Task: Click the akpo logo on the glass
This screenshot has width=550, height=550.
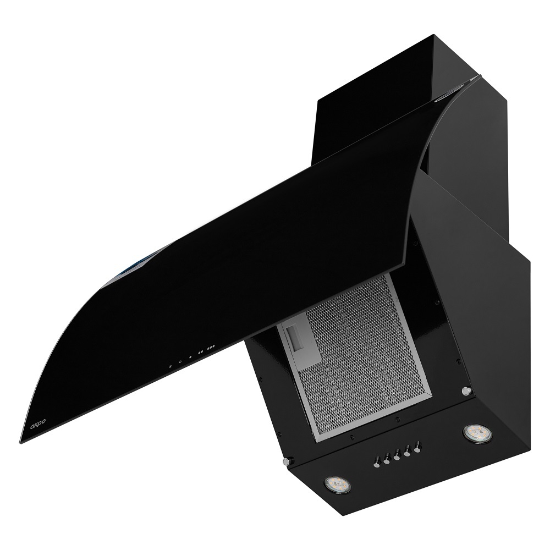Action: point(38,422)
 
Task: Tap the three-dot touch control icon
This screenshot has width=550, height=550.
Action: point(211,348)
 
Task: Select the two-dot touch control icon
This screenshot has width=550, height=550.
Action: point(200,352)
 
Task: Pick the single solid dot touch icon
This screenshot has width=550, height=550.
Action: point(190,357)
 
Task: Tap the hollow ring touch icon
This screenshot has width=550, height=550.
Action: point(180,362)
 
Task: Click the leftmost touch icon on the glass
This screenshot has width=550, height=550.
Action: point(170,366)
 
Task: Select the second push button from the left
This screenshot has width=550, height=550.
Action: point(387,459)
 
